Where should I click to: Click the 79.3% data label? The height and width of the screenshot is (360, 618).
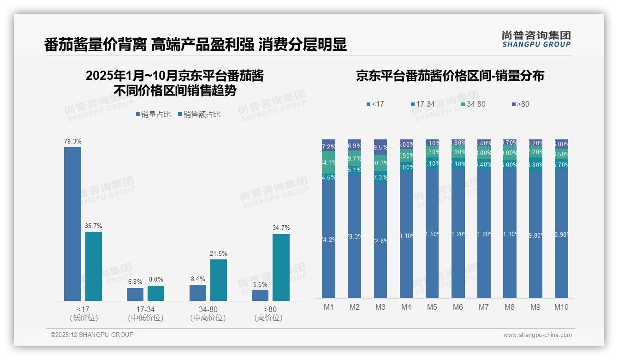point(73,141)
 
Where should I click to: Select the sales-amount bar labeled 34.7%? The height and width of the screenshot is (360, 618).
point(281,267)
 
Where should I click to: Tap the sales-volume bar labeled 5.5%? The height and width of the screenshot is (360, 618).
point(260,295)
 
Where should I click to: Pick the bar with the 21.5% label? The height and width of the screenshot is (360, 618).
point(219,280)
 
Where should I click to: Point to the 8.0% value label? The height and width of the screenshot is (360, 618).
point(156,279)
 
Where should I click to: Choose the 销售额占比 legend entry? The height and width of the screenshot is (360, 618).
point(199,114)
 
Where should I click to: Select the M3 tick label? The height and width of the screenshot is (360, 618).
point(380,307)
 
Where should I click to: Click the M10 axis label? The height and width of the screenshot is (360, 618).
point(561,307)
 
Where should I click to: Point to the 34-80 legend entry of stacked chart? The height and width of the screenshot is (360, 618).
point(473,104)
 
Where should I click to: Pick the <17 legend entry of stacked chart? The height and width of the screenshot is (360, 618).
point(375,104)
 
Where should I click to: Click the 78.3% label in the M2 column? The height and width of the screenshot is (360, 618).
point(354,236)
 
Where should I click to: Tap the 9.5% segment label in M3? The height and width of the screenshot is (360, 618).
point(380,148)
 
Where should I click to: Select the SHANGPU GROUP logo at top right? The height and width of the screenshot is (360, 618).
point(536,39)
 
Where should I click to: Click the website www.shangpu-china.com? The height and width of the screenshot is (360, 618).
point(537,335)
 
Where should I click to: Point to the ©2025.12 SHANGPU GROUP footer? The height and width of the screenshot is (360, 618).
point(92,335)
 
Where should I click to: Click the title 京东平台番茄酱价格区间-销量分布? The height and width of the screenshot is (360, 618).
point(450,76)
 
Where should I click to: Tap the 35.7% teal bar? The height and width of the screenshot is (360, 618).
point(94,266)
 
